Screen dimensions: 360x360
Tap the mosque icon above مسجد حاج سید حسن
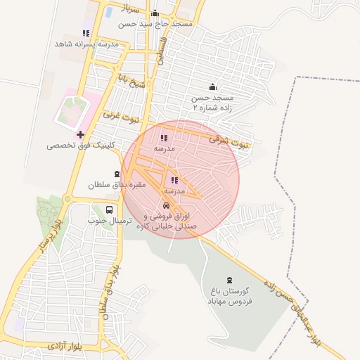(155, 13)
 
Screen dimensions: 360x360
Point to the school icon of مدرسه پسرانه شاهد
(86, 33)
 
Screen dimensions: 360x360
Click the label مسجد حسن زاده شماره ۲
(212, 104)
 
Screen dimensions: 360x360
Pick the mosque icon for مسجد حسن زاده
(203, 87)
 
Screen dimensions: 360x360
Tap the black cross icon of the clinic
(80, 134)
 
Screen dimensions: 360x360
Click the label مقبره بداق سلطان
(116, 185)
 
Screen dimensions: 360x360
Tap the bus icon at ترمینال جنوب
(109, 210)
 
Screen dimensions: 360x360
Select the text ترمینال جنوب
(108, 221)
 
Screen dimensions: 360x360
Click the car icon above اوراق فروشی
(166, 206)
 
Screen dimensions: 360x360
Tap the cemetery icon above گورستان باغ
(229, 281)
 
